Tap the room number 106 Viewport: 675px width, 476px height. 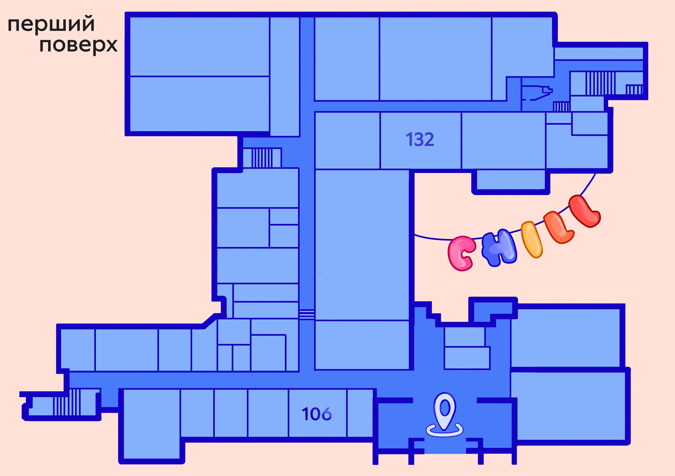[317, 414]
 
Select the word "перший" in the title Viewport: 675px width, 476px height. [51, 24]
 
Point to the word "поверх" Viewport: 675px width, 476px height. [78, 46]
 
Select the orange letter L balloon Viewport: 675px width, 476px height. [558, 227]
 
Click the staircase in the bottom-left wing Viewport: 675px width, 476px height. [66, 402]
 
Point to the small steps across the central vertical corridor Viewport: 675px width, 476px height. [307, 314]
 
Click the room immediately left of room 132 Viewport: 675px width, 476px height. [347, 140]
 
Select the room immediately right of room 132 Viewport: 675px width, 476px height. [504, 140]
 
